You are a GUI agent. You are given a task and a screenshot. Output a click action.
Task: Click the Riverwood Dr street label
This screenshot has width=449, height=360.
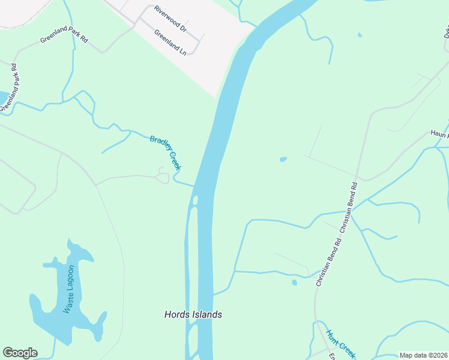(170, 19)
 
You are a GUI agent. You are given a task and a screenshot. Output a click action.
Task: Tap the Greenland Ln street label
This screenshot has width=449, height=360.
(170, 42)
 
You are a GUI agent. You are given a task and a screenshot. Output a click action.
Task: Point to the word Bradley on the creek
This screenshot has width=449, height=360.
(160, 145)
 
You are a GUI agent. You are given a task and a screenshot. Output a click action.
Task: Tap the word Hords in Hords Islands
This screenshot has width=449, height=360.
(177, 314)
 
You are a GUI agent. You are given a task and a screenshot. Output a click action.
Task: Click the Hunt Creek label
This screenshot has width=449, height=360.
(340, 341)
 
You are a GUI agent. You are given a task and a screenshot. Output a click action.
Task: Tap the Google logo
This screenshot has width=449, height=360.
(20, 353)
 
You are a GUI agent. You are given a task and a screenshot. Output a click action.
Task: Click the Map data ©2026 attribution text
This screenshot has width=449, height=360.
(423, 355)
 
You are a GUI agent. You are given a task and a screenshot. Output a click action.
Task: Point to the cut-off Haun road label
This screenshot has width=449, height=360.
(439, 133)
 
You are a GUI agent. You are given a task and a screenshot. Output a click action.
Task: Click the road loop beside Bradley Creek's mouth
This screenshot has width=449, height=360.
(162, 176)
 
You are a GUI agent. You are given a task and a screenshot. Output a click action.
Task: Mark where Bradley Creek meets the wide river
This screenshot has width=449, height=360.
(194, 186)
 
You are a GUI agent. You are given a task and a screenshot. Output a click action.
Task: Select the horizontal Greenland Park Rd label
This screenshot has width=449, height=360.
(64, 40)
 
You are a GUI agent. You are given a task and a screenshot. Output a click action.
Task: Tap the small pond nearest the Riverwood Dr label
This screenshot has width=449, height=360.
(360, 35)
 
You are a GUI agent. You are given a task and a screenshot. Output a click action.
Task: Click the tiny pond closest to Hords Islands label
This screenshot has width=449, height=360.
(294, 283)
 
